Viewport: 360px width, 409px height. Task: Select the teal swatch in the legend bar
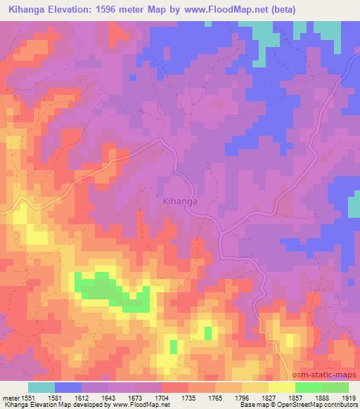(x=41, y=387)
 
